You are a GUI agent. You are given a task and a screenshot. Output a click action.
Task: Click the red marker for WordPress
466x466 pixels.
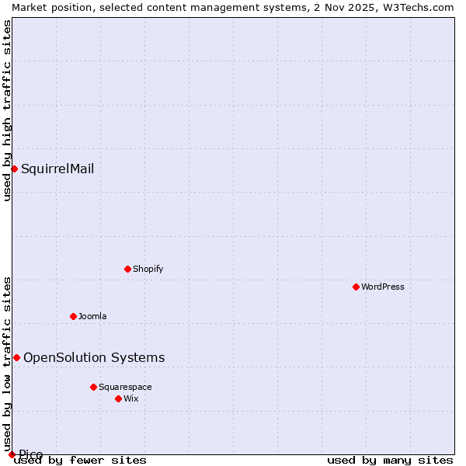356,287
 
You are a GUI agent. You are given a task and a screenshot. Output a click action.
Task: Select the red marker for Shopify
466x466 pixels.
127,269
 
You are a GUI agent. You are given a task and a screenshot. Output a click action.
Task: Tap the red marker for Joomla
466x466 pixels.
73,316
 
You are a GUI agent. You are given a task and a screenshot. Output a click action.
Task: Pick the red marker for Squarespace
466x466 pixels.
93,387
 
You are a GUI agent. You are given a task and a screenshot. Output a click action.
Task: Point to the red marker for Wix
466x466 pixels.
118,398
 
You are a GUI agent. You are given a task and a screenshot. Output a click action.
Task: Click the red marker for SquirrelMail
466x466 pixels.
14,169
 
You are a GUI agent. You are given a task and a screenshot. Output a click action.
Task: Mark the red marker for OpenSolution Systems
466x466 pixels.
16,357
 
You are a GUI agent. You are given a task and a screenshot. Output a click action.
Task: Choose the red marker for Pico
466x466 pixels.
12,454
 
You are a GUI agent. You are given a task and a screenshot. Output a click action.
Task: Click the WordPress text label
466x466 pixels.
383,287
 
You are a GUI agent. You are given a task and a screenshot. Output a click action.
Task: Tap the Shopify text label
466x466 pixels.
148,269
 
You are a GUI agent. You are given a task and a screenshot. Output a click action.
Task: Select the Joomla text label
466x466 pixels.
92,316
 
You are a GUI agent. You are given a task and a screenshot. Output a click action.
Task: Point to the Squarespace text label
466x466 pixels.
125,387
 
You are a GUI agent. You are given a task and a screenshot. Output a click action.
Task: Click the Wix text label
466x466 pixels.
130,398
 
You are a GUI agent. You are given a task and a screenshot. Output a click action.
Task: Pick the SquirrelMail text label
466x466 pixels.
57,169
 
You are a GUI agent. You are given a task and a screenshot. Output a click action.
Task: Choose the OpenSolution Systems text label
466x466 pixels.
94,357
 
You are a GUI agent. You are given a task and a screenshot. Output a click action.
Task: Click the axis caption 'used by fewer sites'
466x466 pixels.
80,460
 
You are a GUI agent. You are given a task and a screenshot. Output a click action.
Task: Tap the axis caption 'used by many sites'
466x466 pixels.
390,460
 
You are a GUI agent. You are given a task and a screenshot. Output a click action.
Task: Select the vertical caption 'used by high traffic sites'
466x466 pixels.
7,110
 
